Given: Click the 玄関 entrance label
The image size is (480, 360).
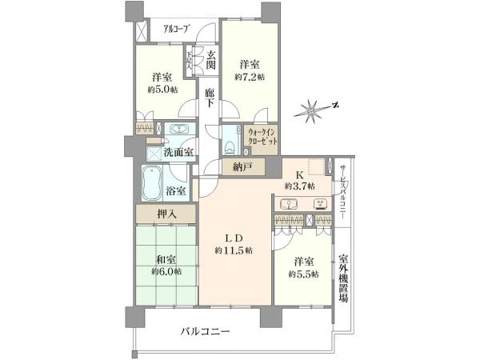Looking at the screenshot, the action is tap(211, 60).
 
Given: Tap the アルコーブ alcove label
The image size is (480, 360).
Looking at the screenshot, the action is tap(176, 30).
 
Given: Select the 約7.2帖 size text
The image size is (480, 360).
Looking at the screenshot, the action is tap(250, 77).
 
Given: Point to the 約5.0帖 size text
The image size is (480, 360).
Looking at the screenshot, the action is tap(162, 90).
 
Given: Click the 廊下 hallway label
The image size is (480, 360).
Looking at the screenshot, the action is tap(210, 98).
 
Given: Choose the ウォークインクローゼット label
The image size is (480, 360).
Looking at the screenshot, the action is tap(263, 138).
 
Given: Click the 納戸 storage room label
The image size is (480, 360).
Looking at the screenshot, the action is tap(243, 167).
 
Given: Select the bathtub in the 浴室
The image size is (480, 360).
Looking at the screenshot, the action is tap(152, 183).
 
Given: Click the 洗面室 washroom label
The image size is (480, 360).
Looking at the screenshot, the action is tap(178, 152).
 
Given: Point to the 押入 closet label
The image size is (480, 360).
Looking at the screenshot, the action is tap(167, 214).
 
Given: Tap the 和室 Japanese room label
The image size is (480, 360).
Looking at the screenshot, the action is tap(166, 260).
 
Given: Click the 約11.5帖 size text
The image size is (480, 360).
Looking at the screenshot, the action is tap(234, 250).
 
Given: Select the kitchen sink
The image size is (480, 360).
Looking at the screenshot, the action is tap(288, 204).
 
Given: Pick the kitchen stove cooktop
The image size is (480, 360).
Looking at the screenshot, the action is tap(321, 204).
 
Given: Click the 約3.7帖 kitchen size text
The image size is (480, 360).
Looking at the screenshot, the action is tap(300, 186).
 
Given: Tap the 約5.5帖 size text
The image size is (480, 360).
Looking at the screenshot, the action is tap(304, 274).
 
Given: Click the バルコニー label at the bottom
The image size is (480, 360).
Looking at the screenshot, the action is tap(205, 331).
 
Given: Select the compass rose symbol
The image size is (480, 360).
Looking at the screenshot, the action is tap(312, 110).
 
